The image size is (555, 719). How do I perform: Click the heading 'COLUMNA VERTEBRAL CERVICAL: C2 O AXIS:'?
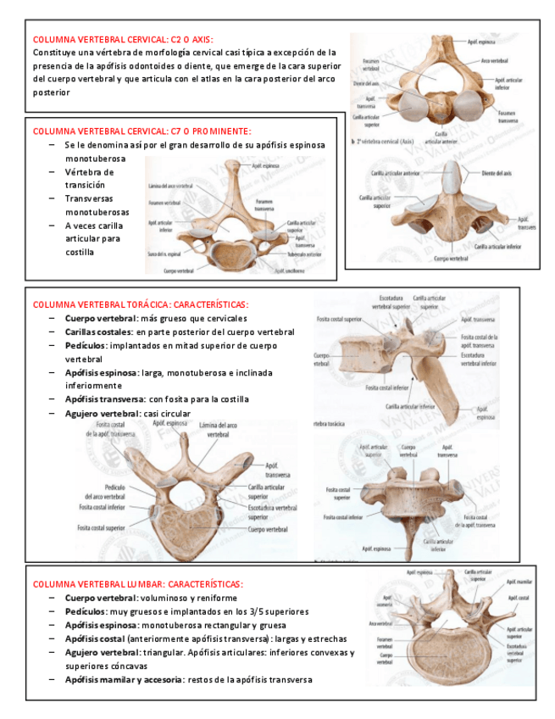point(123,39)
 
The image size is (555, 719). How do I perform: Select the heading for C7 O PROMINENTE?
point(142,131)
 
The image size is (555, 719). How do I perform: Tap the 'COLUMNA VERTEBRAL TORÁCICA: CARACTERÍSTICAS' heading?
point(141,304)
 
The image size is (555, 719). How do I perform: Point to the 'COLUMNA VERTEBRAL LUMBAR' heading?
point(137,584)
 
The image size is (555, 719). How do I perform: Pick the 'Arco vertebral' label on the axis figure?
point(495,61)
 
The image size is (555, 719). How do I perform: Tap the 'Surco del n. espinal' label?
point(164,254)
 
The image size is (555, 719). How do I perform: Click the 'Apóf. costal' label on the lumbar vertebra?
point(518,598)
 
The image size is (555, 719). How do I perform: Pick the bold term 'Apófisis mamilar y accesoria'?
point(123,679)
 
